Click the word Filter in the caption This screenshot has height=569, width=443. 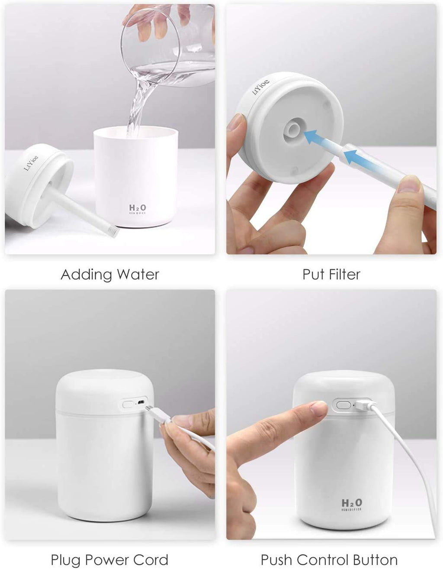(x=344, y=275)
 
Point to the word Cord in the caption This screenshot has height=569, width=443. (x=151, y=559)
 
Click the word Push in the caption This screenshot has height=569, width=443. (x=276, y=559)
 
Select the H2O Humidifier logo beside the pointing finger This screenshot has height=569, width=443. (x=352, y=504)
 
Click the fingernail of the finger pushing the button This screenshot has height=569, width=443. (x=319, y=408)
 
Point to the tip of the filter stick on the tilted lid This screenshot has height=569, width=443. (x=113, y=233)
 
